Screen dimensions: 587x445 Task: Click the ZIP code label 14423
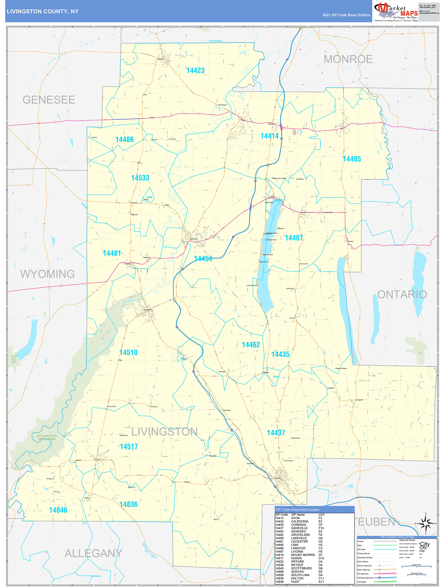coord(195,71)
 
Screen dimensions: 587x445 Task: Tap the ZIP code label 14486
coord(124,140)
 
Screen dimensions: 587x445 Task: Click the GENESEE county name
coord(49,100)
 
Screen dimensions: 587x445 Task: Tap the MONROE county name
coord(348,59)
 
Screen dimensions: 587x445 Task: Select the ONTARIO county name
coord(402,295)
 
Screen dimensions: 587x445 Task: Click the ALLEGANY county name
coord(93,554)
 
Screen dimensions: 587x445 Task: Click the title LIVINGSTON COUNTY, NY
coord(43,12)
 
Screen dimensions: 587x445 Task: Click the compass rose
coord(426,524)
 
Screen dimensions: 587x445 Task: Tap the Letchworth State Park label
coord(47,438)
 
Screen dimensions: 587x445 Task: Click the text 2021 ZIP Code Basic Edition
coord(346,15)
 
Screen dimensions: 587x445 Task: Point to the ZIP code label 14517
coord(129,447)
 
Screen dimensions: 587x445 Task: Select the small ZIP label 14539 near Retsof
coord(149,197)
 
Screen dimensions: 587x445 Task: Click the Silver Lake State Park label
coord(14,359)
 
